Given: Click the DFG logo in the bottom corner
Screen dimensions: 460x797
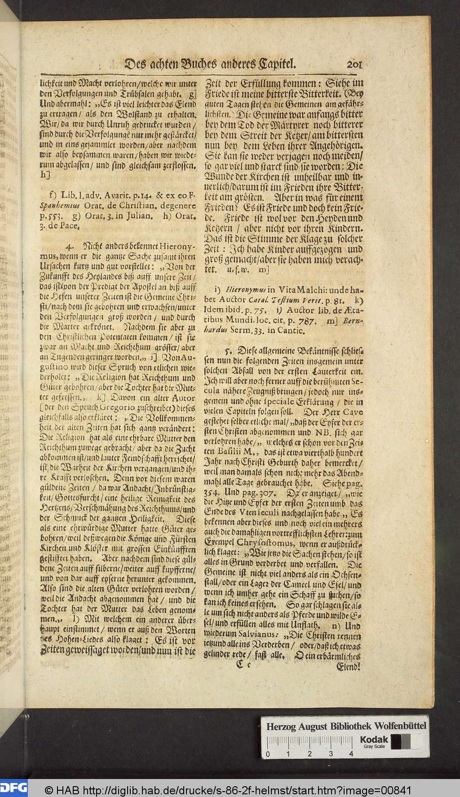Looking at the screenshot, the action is point(13,787).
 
